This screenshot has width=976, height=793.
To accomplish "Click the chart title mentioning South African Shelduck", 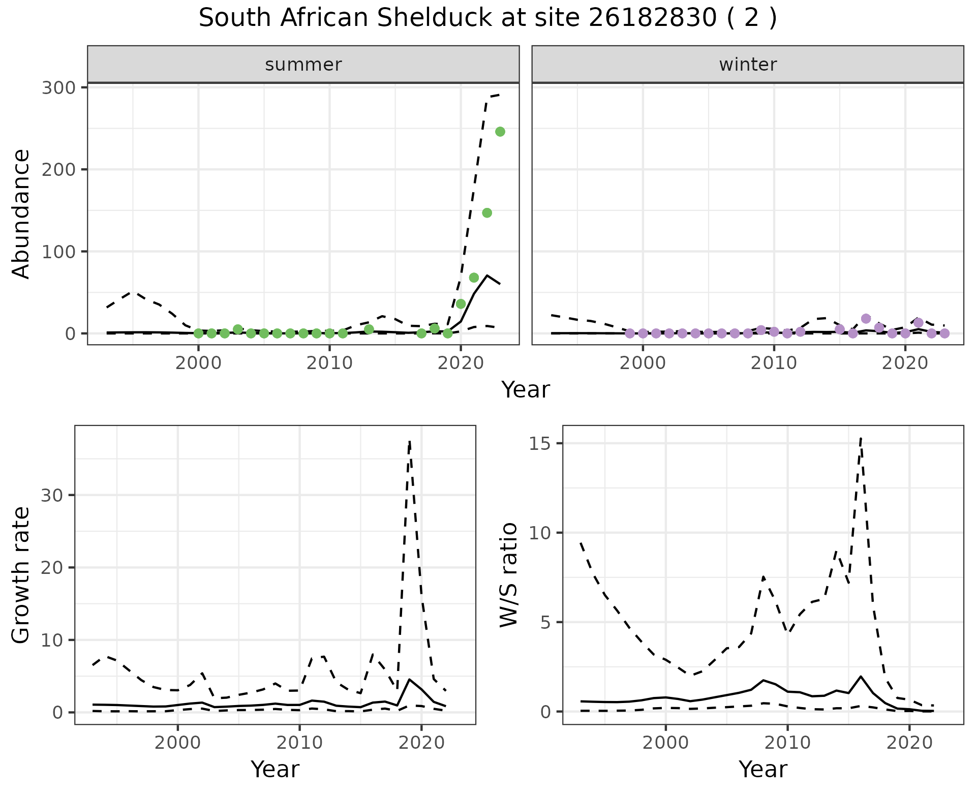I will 487,18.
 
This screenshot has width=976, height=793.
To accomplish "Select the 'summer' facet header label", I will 303,65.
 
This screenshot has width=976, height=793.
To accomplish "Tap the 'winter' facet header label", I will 748,65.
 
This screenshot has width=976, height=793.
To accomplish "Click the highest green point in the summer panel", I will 500,132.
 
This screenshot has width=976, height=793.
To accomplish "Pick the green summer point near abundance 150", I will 487,213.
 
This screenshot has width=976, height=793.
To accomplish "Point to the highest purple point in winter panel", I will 866,319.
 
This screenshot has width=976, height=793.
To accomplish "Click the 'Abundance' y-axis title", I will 21,213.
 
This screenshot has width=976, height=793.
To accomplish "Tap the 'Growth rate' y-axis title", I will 21,575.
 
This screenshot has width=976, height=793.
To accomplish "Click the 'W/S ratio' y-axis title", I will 508,574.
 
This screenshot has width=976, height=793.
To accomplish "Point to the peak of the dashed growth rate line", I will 410,441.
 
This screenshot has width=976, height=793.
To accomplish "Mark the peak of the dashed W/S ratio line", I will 861,437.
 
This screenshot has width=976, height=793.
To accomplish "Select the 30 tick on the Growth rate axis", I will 53,496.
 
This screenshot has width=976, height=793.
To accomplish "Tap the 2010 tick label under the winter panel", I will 774,364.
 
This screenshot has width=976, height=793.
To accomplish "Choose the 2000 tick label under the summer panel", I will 198,364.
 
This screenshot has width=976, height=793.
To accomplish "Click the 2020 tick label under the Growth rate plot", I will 421,743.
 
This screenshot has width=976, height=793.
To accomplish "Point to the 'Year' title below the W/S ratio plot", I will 762,770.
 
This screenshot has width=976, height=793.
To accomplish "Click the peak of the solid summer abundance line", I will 487,276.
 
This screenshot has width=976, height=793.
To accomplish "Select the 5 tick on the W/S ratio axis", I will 546,622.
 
